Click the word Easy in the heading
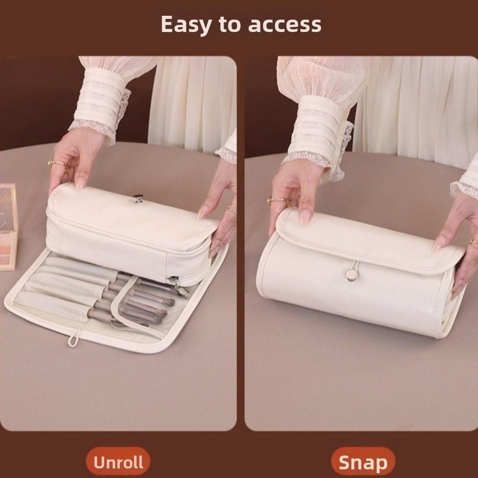[x=185, y=24]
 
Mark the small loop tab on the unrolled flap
[x=72, y=340]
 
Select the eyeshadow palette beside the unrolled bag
[x=8, y=225]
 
